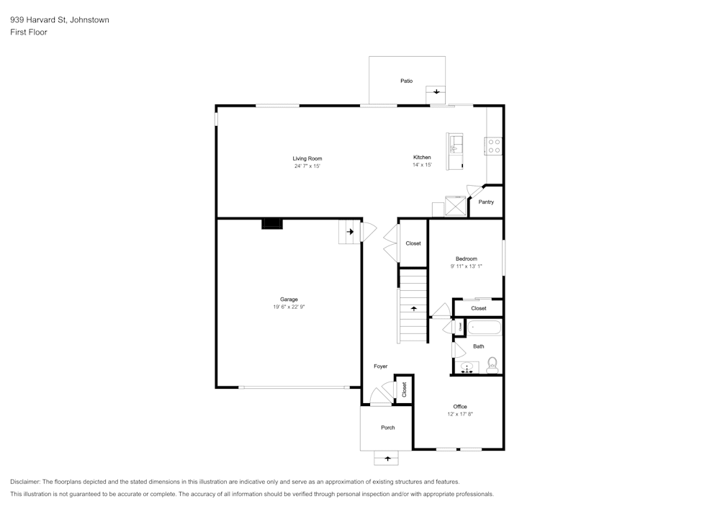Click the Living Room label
pyautogui.click(x=307, y=158)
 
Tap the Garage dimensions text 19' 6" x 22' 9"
pyautogui.click(x=289, y=307)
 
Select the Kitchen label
pyautogui.click(x=422, y=157)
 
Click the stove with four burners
pyautogui.click(x=494, y=146)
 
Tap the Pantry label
pyautogui.click(x=486, y=202)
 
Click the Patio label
pyautogui.click(x=406, y=81)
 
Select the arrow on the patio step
pyautogui.click(x=436, y=92)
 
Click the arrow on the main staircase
pyautogui.click(x=413, y=309)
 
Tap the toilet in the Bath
pyautogui.click(x=492, y=365)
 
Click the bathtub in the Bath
pyautogui.click(x=484, y=328)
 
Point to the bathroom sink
pyautogui.click(x=467, y=367)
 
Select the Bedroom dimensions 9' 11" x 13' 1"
pyautogui.click(x=466, y=266)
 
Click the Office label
pyautogui.click(x=460, y=406)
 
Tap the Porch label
pyautogui.click(x=388, y=428)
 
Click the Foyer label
pyautogui.click(x=381, y=366)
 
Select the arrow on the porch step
pyautogui.click(x=387, y=459)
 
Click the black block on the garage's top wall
pyautogui.click(x=272, y=223)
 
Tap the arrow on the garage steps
pyautogui.click(x=350, y=232)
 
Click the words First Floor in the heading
pyautogui.click(x=29, y=32)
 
